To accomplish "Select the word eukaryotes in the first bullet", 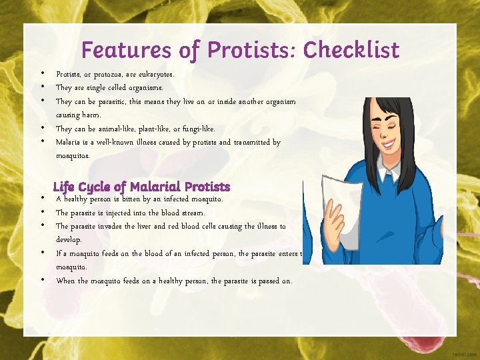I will coord(155,74).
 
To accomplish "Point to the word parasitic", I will coord(113,102).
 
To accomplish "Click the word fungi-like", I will coord(194,129).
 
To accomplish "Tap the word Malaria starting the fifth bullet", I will coord(68,143).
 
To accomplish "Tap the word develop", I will coord(69,240).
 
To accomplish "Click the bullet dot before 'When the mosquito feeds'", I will coord(41,280).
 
